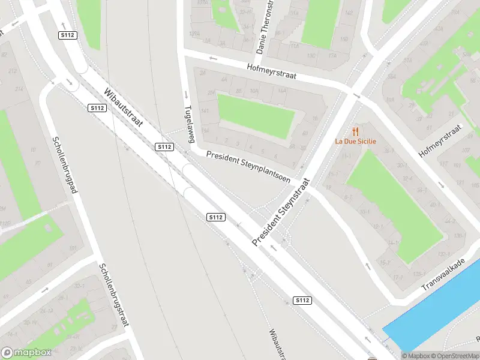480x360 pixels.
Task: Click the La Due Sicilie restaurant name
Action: click(355, 142)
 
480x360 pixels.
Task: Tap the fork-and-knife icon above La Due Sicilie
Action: click(355, 131)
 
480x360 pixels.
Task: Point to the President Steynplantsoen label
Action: click(248, 166)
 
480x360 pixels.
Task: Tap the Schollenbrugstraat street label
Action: click(114, 296)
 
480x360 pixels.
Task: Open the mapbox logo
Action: click(26, 353)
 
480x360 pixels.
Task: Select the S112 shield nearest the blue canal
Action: click(302, 300)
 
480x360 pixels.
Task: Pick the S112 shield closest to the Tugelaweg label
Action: click(164, 147)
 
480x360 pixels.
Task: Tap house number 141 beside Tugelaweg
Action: click(205, 111)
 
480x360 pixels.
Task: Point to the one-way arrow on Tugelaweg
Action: click(186, 94)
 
